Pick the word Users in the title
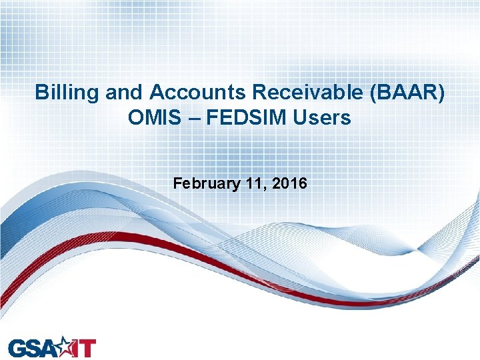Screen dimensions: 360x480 [x=325, y=118]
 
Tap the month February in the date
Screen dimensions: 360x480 [x=203, y=183]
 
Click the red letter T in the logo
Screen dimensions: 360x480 [x=88, y=348]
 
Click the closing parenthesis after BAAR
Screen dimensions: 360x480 [x=441, y=93]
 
